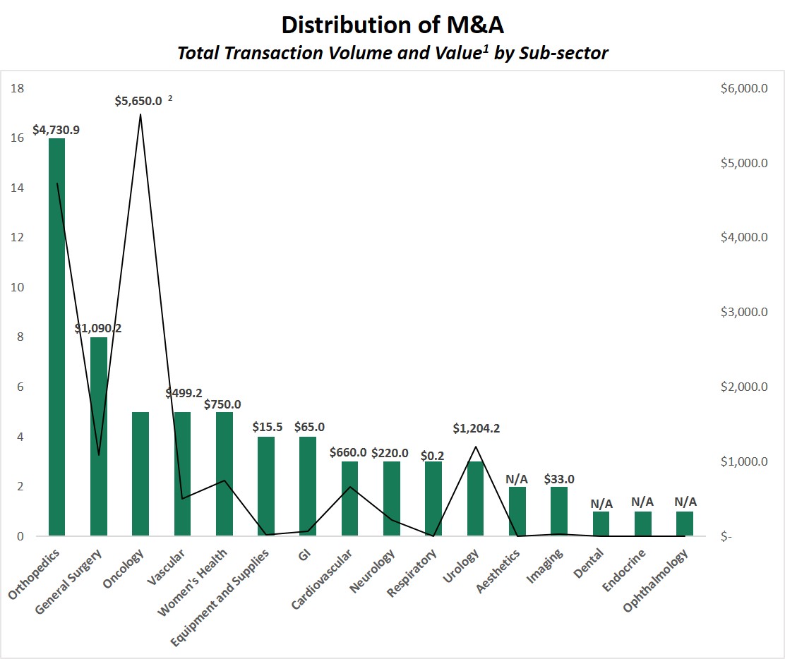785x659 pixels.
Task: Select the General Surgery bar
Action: [x=99, y=437]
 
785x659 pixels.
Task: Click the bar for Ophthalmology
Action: [x=685, y=524]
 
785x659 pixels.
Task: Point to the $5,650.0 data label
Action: [x=138, y=101]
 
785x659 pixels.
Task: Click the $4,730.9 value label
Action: [x=56, y=131]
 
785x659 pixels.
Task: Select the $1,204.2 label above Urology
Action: [x=477, y=428]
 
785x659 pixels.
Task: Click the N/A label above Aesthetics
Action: [x=517, y=479]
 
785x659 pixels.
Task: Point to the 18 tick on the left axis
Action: [x=18, y=88]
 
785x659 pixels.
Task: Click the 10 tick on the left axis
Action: [x=18, y=287]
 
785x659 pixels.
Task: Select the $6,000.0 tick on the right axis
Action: [x=744, y=88]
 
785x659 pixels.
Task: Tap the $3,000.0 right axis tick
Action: [x=744, y=312]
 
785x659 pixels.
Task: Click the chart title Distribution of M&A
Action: [x=392, y=25]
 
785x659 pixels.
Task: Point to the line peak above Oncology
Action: [x=140, y=114]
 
